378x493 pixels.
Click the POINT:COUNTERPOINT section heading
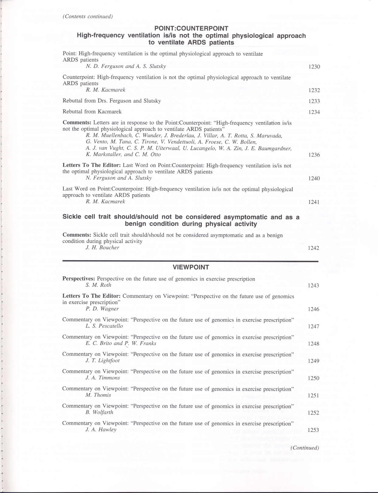pyautogui.click(x=191, y=29)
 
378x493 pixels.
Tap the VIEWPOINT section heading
pyautogui.click(x=191, y=267)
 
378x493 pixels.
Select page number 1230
pyautogui.click(x=314, y=67)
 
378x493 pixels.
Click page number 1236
pyautogui.click(x=314, y=155)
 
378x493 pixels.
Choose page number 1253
pyautogui.click(x=313, y=430)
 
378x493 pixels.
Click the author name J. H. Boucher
pyautogui.click(x=102, y=248)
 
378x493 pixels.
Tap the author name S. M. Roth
pyautogui.click(x=98, y=285)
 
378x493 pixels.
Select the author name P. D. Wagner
pyautogui.click(x=102, y=309)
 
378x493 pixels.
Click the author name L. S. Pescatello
pyautogui.click(x=104, y=326)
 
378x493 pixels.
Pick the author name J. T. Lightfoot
pyautogui.click(x=102, y=361)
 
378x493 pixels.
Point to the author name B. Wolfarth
pyautogui.click(x=99, y=412)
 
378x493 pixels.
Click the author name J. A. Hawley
pyautogui.click(x=101, y=430)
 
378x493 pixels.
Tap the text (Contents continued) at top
pyautogui.click(x=88, y=16)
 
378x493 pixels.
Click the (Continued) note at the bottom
pyautogui.click(x=305, y=448)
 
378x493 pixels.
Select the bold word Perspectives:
pyautogui.click(x=79, y=279)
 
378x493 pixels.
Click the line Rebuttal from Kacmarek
pyautogui.click(x=92, y=112)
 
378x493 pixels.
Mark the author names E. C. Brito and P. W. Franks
pyautogui.click(x=121, y=343)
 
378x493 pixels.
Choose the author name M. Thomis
pyautogui.click(x=98, y=395)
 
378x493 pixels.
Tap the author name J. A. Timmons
pyautogui.click(x=102, y=378)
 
